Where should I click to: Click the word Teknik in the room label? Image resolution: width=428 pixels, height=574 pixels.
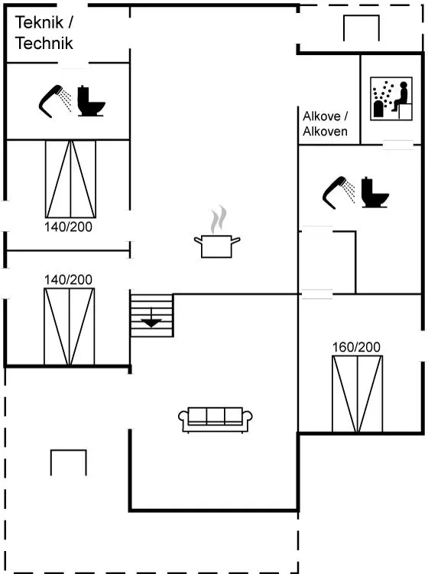click(x=39, y=22)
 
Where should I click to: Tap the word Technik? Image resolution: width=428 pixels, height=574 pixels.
click(x=44, y=43)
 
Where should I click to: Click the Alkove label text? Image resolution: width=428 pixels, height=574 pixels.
click(x=322, y=116)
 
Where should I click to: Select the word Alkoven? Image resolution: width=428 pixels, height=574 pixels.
click(x=325, y=131)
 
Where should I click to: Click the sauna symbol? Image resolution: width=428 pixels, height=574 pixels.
click(x=391, y=99)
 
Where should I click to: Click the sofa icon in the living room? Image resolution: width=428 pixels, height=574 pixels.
click(x=216, y=420)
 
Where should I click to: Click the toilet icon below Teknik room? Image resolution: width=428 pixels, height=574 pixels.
click(x=92, y=101)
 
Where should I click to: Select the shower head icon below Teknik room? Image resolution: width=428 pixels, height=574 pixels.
click(x=55, y=101)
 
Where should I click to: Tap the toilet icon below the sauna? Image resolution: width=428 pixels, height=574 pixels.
click(x=375, y=193)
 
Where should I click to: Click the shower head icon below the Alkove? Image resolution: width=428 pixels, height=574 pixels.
click(x=339, y=193)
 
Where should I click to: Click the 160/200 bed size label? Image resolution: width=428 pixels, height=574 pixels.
click(x=356, y=347)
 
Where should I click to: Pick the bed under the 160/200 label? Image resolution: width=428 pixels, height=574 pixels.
click(x=357, y=394)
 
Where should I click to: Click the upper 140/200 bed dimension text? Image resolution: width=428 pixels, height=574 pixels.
click(x=68, y=227)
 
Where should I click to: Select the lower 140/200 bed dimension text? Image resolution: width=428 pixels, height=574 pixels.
click(x=68, y=279)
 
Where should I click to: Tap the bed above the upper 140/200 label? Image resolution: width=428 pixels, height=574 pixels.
click(x=70, y=179)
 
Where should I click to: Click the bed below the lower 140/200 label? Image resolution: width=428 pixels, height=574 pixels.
click(x=70, y=327)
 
